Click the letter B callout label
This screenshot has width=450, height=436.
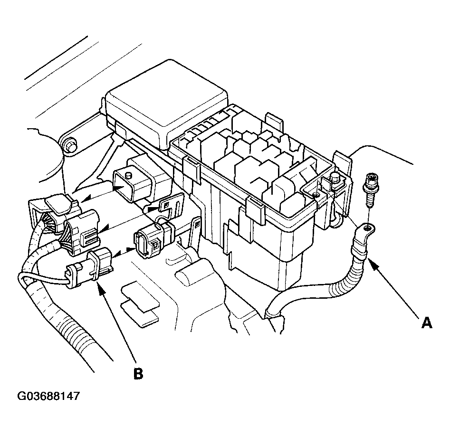tap(138, 373)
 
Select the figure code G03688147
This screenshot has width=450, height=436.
tap(48, 396)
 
